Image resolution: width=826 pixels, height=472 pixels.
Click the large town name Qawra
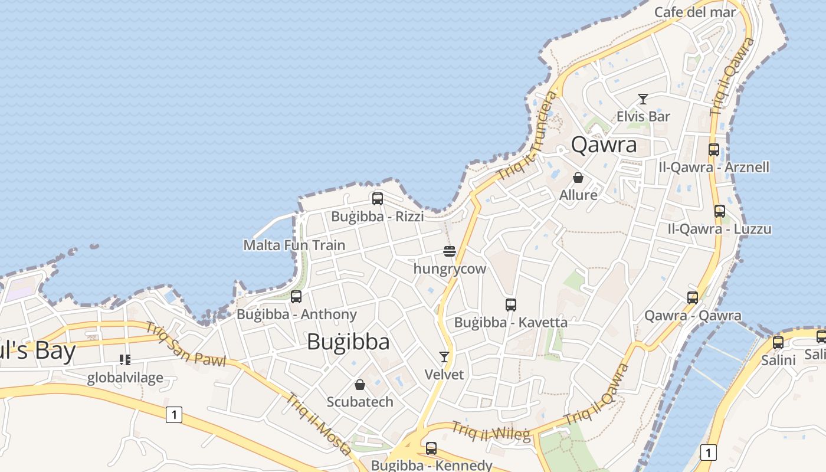pos(604,145)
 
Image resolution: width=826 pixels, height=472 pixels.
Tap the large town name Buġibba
pos(348,342)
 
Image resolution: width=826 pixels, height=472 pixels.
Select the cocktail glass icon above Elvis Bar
pos(643,99)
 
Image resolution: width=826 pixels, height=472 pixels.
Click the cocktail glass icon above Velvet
pos(444,357)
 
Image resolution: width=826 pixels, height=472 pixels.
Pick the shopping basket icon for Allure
pos(578,178)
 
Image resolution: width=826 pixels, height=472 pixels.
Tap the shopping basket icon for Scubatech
pos(360,385)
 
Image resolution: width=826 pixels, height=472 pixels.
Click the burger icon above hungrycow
pos(450,252)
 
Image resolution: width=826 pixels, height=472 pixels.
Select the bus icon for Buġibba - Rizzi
pos(378,199)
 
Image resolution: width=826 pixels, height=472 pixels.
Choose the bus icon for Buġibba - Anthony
pos(296,297)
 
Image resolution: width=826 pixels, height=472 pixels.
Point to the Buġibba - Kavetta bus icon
pos(511,305)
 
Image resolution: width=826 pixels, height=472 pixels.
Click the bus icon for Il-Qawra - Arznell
pos(714,150)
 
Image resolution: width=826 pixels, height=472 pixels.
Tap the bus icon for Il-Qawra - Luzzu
pos(720,211)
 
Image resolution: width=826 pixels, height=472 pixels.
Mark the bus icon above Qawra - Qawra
pos(693,298)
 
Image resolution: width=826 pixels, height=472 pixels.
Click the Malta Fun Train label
pos(294,245)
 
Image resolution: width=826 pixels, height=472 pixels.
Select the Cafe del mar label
pos(695,12)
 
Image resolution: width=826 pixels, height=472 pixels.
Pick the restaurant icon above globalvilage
pos(124,359)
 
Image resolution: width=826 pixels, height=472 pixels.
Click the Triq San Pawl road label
pos(186,345)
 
